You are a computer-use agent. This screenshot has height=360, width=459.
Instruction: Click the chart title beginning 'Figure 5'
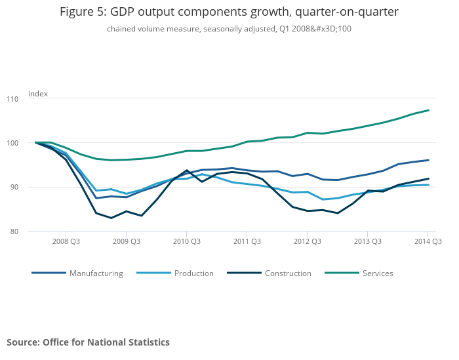(229, 12)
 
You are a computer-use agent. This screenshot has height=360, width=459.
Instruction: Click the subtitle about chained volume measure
(229, 29)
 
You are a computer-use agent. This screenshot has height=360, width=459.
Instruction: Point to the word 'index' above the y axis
(38, 94)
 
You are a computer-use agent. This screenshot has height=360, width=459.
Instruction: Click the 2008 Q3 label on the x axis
(66, 241)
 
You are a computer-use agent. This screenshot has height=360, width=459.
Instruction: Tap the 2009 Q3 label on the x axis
(126, 241)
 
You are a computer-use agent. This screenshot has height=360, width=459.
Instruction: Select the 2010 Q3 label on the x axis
(186, 241)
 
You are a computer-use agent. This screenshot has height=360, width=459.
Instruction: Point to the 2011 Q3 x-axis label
(247, 241)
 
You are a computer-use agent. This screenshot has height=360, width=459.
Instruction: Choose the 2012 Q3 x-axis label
(307, 241)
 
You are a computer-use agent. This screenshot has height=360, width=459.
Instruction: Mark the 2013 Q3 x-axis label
(367, 241)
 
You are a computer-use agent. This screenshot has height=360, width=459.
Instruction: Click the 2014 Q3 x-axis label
(428, 241)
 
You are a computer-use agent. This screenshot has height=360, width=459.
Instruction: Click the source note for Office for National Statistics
(88, 342)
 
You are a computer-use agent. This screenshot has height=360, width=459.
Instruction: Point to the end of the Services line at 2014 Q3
(428, 110)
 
